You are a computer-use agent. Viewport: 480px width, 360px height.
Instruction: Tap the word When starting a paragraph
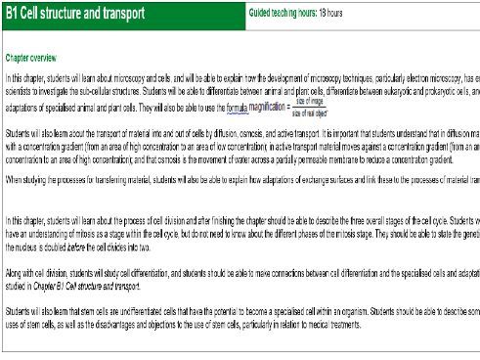(x=15, y=180)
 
